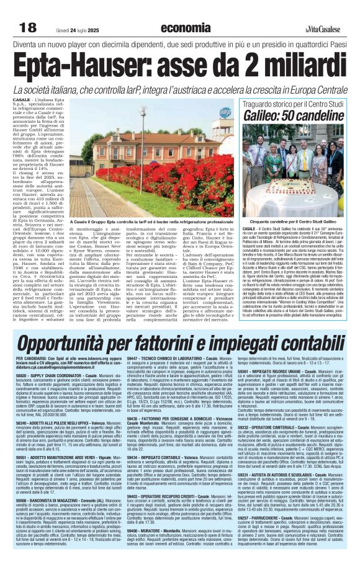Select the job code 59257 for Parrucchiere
tap(244, 516)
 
